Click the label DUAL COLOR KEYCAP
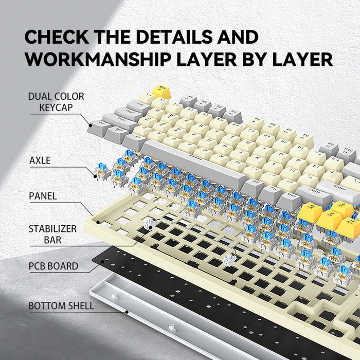56,102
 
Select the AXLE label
40,160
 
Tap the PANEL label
43,196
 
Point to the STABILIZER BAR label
52,234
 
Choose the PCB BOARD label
53,266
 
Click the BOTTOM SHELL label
61,306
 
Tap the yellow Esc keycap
161,92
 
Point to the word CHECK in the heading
57,37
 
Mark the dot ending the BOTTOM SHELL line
127,311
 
